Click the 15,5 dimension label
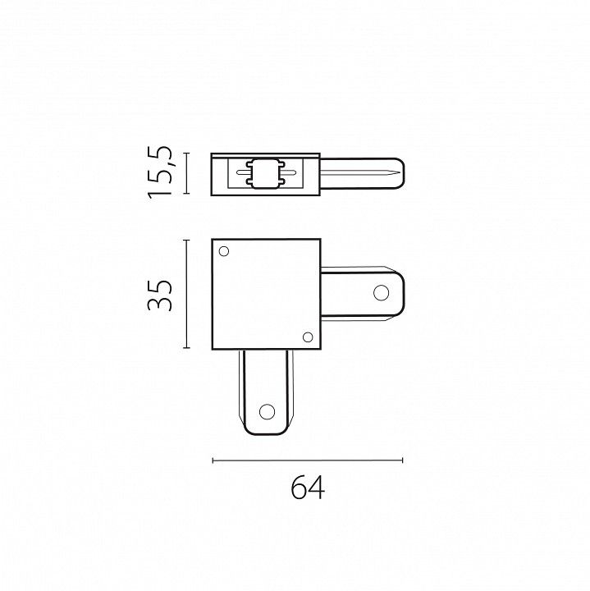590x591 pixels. click(x=160, y=172)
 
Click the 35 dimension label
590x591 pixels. click(x=160, y=295)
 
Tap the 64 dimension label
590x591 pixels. click(x=308, y=487)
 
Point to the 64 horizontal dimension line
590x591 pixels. click(x=308, y=460)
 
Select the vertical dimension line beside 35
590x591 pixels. click(x=186, y=294)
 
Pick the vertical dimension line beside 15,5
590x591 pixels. click(x=186, y=173)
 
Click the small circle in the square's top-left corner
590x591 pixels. click(x=224, y=251)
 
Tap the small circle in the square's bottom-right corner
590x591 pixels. click(x=308, y=337)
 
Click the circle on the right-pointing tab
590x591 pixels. click(x=381, y=293)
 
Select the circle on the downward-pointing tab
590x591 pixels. click(x=267, y=411)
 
